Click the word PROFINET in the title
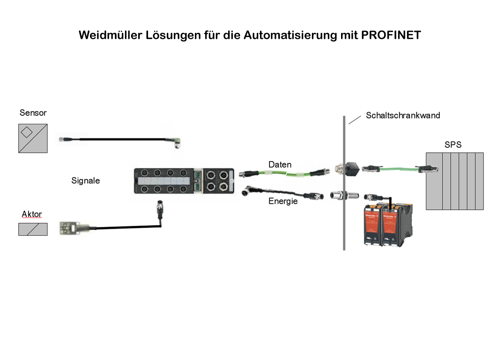point(391,36)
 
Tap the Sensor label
point(33,113)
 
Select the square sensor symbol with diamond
point(33,138)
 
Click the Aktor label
point(32,214)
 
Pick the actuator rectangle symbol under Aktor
point(33,229)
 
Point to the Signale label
point(85,180)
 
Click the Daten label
point(280,165)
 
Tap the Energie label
point(283,201)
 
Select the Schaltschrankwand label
point(403,115)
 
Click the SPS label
point(453,145)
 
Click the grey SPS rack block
point(454,180)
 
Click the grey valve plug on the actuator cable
point(69,228)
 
